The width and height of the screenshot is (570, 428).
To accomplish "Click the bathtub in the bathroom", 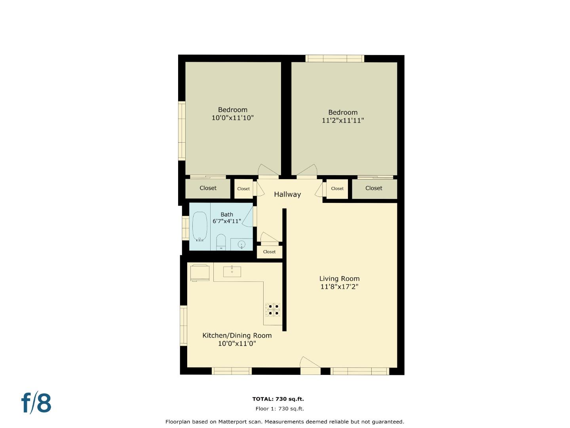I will coord(199,226).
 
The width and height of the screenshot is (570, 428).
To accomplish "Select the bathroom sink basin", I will coord(241,245).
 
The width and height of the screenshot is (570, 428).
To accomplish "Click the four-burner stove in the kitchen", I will coord(273,310).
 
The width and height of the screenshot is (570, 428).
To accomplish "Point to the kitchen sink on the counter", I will coord(232,271).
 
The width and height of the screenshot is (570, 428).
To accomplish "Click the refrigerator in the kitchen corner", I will coord(200,273).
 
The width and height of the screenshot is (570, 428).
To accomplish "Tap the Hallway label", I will coord(287,194).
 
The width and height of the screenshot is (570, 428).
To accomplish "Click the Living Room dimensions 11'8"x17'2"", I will coord(339,287).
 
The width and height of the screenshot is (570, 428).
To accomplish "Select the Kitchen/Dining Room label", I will coord(237,335).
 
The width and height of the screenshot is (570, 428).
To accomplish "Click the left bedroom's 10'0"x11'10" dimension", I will coord(232,118).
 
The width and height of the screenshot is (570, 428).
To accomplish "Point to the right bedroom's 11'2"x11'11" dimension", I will coord(342,120).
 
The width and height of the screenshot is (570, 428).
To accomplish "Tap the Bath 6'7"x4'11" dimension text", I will coord(227,221).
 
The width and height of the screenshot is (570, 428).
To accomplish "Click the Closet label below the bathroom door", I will coord(269,252).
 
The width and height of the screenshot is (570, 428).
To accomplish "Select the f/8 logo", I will coord(36,403).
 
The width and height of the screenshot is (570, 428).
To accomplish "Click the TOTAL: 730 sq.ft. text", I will coord(278,399).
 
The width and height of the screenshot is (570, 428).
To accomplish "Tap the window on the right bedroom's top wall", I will coord(334,59).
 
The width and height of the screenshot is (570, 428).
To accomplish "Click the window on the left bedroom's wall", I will coord(182,130).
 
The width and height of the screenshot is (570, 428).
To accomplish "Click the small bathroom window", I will coord(185,227).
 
